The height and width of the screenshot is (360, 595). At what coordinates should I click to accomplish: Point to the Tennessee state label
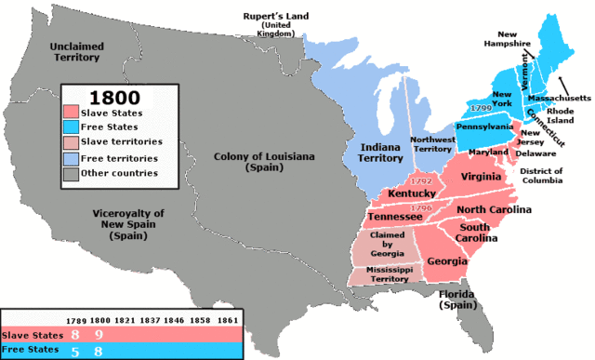pyautogui.click(x=395, y=217)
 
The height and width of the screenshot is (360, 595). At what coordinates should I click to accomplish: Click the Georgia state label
pyautogui.click(x=447, y=261)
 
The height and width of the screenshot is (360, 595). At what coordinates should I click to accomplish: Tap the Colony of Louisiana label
pyautogui.click(x=253, y=162)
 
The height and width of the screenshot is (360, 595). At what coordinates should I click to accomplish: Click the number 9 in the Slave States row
pyautogui.click(x=99, y=333)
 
